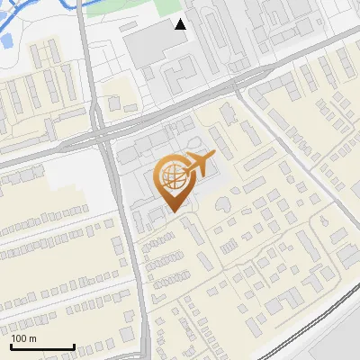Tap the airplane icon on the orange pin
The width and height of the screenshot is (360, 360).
[x=200, y=164]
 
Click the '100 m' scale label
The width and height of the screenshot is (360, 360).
[x=24, y=338]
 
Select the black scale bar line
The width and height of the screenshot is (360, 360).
[x=42, y=347]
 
